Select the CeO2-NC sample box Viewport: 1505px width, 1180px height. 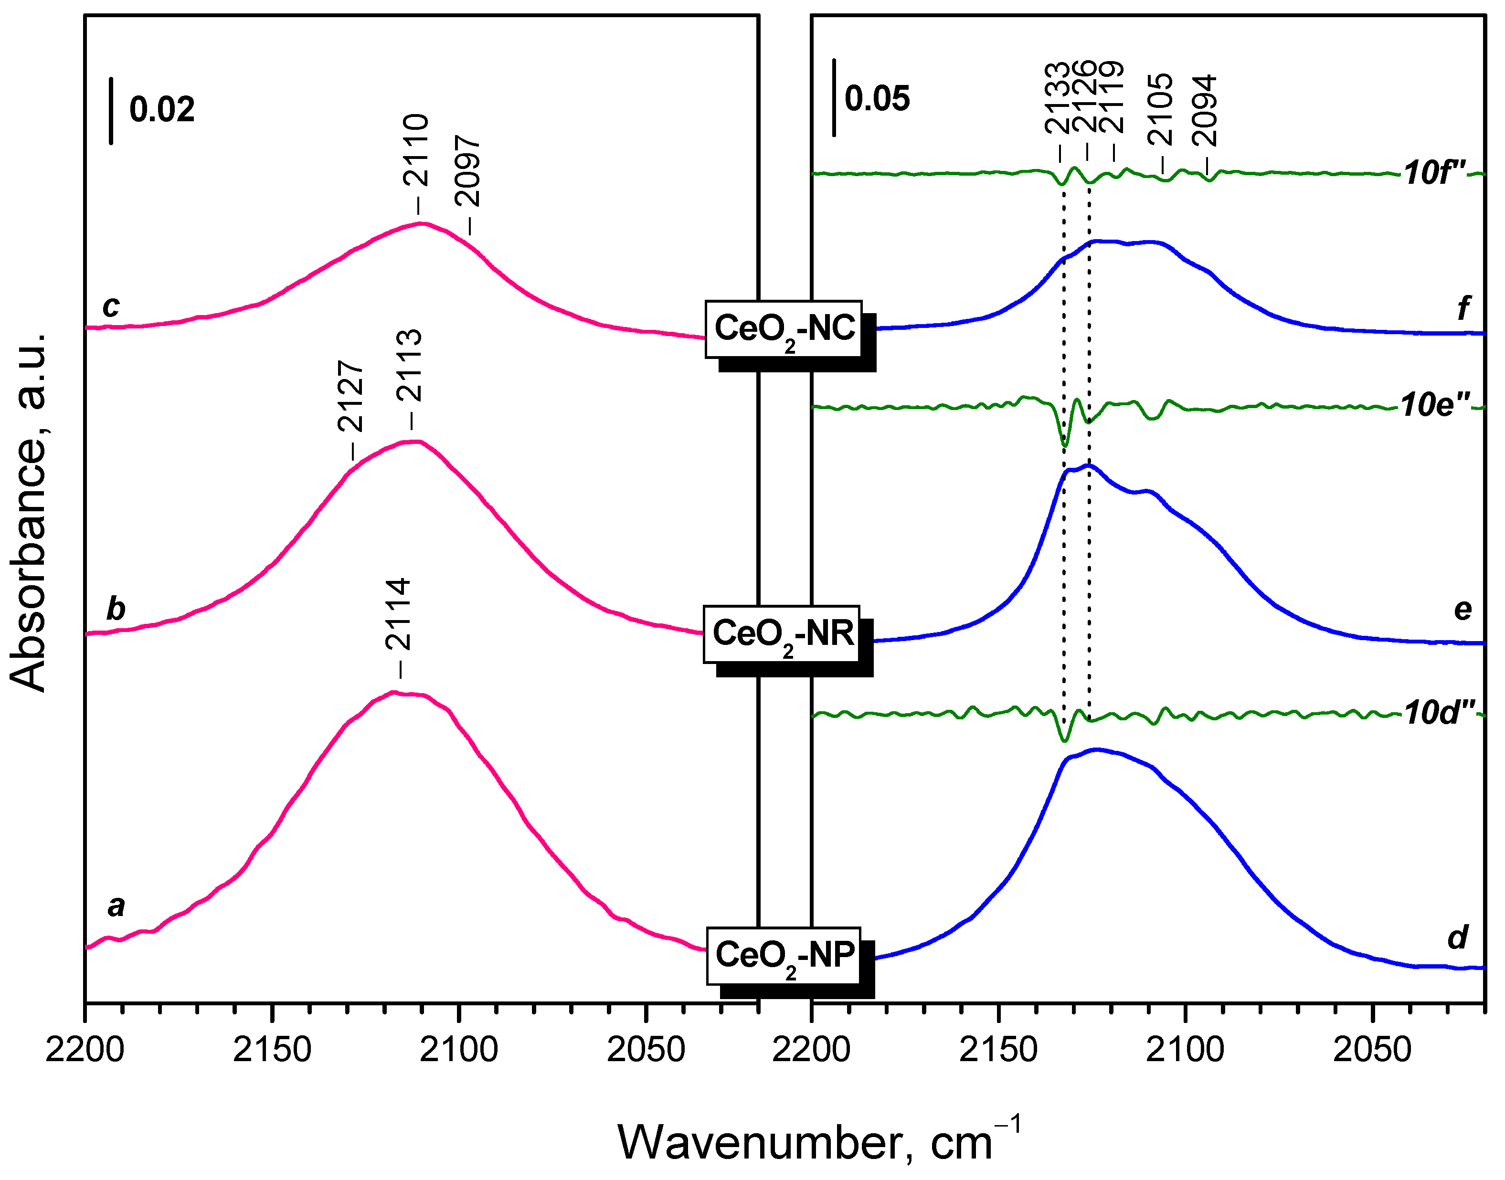pyautogui.click(x=784, y=329)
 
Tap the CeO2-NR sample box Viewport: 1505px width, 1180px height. pyautogui.click(x=782, y=634)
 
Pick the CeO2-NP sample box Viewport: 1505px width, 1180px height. pyautogui.click(x=784, y=956)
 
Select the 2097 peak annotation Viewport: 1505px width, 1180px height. pyautogui.click(x=468, y=171)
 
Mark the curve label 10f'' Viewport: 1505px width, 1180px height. pyautogui.click(x=1434, y=173)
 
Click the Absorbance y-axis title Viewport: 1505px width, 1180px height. pyautogui.click(x=29, y=511)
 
